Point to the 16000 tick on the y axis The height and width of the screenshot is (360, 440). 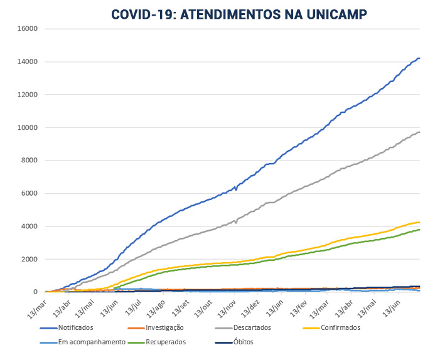[x=28, y=29]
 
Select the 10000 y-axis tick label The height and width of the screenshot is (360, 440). [x=28, y=127]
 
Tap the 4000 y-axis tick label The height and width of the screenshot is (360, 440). [x=30, y=226]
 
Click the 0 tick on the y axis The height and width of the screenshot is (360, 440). [x=36, y=292]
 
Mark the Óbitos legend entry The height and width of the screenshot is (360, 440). [x=242, y=342]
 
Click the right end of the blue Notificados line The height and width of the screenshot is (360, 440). [x=419, y=58]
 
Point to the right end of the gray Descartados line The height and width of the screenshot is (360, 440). [x=419, y=132]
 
